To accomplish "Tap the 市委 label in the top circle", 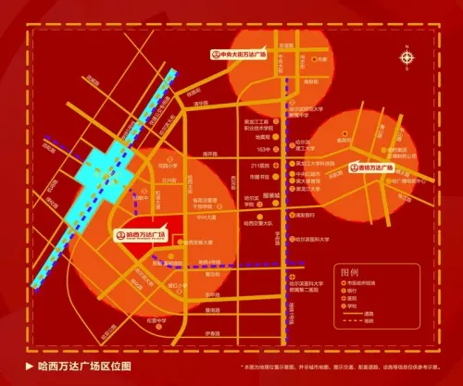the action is tap(321, 58).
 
